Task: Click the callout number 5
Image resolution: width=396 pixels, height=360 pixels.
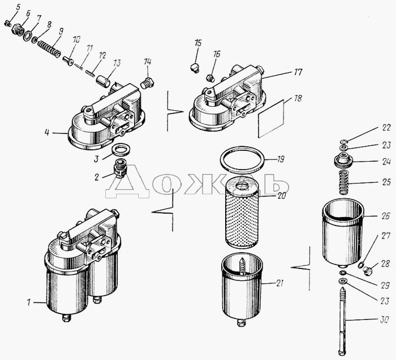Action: click(18, 7)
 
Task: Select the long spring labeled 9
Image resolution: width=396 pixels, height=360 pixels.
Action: click(49, 49)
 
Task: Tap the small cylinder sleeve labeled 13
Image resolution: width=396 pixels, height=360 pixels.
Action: click(103, 81)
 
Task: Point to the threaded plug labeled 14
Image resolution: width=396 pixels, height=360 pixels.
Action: click(147, 83)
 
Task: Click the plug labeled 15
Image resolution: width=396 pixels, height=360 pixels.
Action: click(194, 68)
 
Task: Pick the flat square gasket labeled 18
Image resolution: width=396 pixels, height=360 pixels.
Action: click(271, 119)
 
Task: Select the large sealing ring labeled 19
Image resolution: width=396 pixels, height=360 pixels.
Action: click(243, 160)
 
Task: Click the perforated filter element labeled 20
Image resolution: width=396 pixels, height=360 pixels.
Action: click(242, 212)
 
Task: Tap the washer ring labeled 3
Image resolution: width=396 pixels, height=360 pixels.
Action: click(120, 150)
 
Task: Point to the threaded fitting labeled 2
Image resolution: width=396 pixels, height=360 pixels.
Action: click(120, 168)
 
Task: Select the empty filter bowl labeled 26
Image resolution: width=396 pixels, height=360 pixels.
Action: click(343, 233)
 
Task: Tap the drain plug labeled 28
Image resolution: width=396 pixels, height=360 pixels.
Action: click(368, 271)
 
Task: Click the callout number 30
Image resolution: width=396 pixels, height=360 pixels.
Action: click(384, 320)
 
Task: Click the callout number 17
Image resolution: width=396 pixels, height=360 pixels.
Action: click(298, 72)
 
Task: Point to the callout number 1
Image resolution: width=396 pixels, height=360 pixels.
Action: click(29, 302)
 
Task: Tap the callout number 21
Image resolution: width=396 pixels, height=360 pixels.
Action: click(279, 283)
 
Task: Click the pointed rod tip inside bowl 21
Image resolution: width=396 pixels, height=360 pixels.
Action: click(242, 259)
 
